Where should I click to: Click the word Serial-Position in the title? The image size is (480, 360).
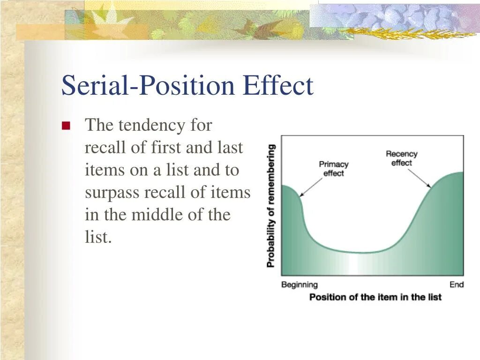(x=148, y=85)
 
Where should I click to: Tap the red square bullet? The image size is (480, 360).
(x=66, y=126)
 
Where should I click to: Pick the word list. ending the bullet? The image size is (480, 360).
(x=98, y=237)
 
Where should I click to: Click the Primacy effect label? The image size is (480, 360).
(x=334, y=169)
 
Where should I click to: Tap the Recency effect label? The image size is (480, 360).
(x=401, y=158)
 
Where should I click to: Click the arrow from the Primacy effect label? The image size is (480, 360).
(x=311, y=187)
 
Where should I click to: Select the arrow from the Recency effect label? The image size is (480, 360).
(x=420, y=178)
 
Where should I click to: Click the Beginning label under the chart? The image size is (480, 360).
(x=300, y=285)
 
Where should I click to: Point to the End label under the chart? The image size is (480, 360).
(x=457, y=285)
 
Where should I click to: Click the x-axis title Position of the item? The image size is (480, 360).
(x=375, y=297)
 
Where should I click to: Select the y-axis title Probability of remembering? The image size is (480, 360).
(x=270, y=206)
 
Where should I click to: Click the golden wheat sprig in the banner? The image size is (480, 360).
(x=410, y=33)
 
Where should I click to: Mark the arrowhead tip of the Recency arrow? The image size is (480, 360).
(x=431, y=187)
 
